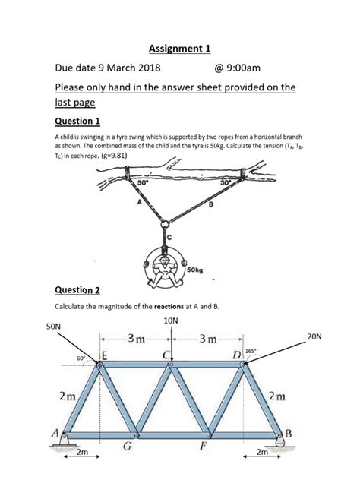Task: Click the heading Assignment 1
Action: (179, 49)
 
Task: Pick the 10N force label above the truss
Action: (171, 321)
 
